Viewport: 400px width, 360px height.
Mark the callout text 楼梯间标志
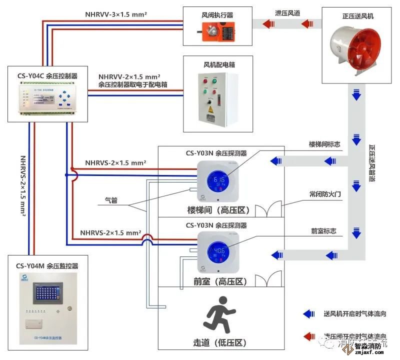pyautogui.click(x=325, y=144)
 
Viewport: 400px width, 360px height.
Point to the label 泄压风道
pyautogui.click(x=287, y=13)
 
